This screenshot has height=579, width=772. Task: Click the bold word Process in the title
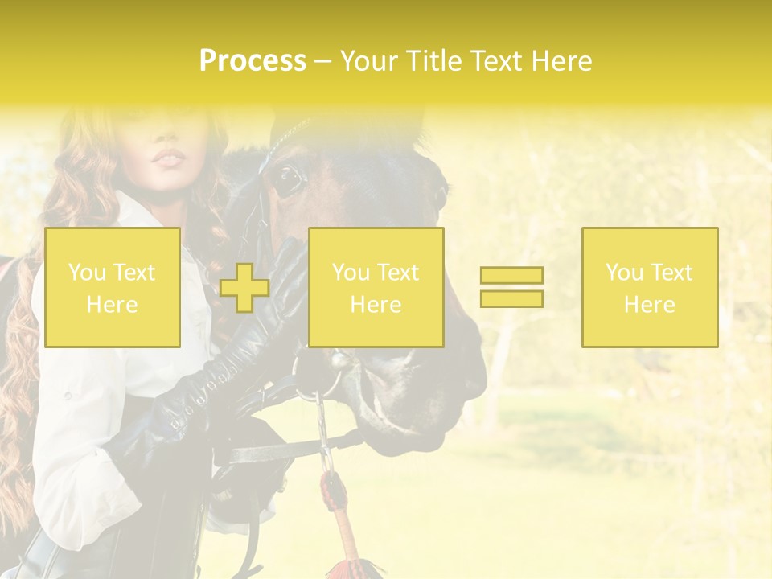point(253,61)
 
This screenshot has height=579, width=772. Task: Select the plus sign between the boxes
point(244,288)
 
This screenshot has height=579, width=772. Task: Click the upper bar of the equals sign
point(511,276)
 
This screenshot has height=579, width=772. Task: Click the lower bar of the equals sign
point(511,299)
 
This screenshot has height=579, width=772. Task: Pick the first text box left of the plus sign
point(113,287)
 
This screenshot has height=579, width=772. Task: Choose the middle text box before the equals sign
point(376,287)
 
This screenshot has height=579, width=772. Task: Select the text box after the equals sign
point(649,287)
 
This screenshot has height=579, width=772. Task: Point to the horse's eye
point(287,179)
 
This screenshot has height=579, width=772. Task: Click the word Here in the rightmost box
point(649,304)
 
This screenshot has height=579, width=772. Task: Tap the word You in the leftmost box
point(87,273)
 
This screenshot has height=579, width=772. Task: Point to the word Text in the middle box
point(398,273)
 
